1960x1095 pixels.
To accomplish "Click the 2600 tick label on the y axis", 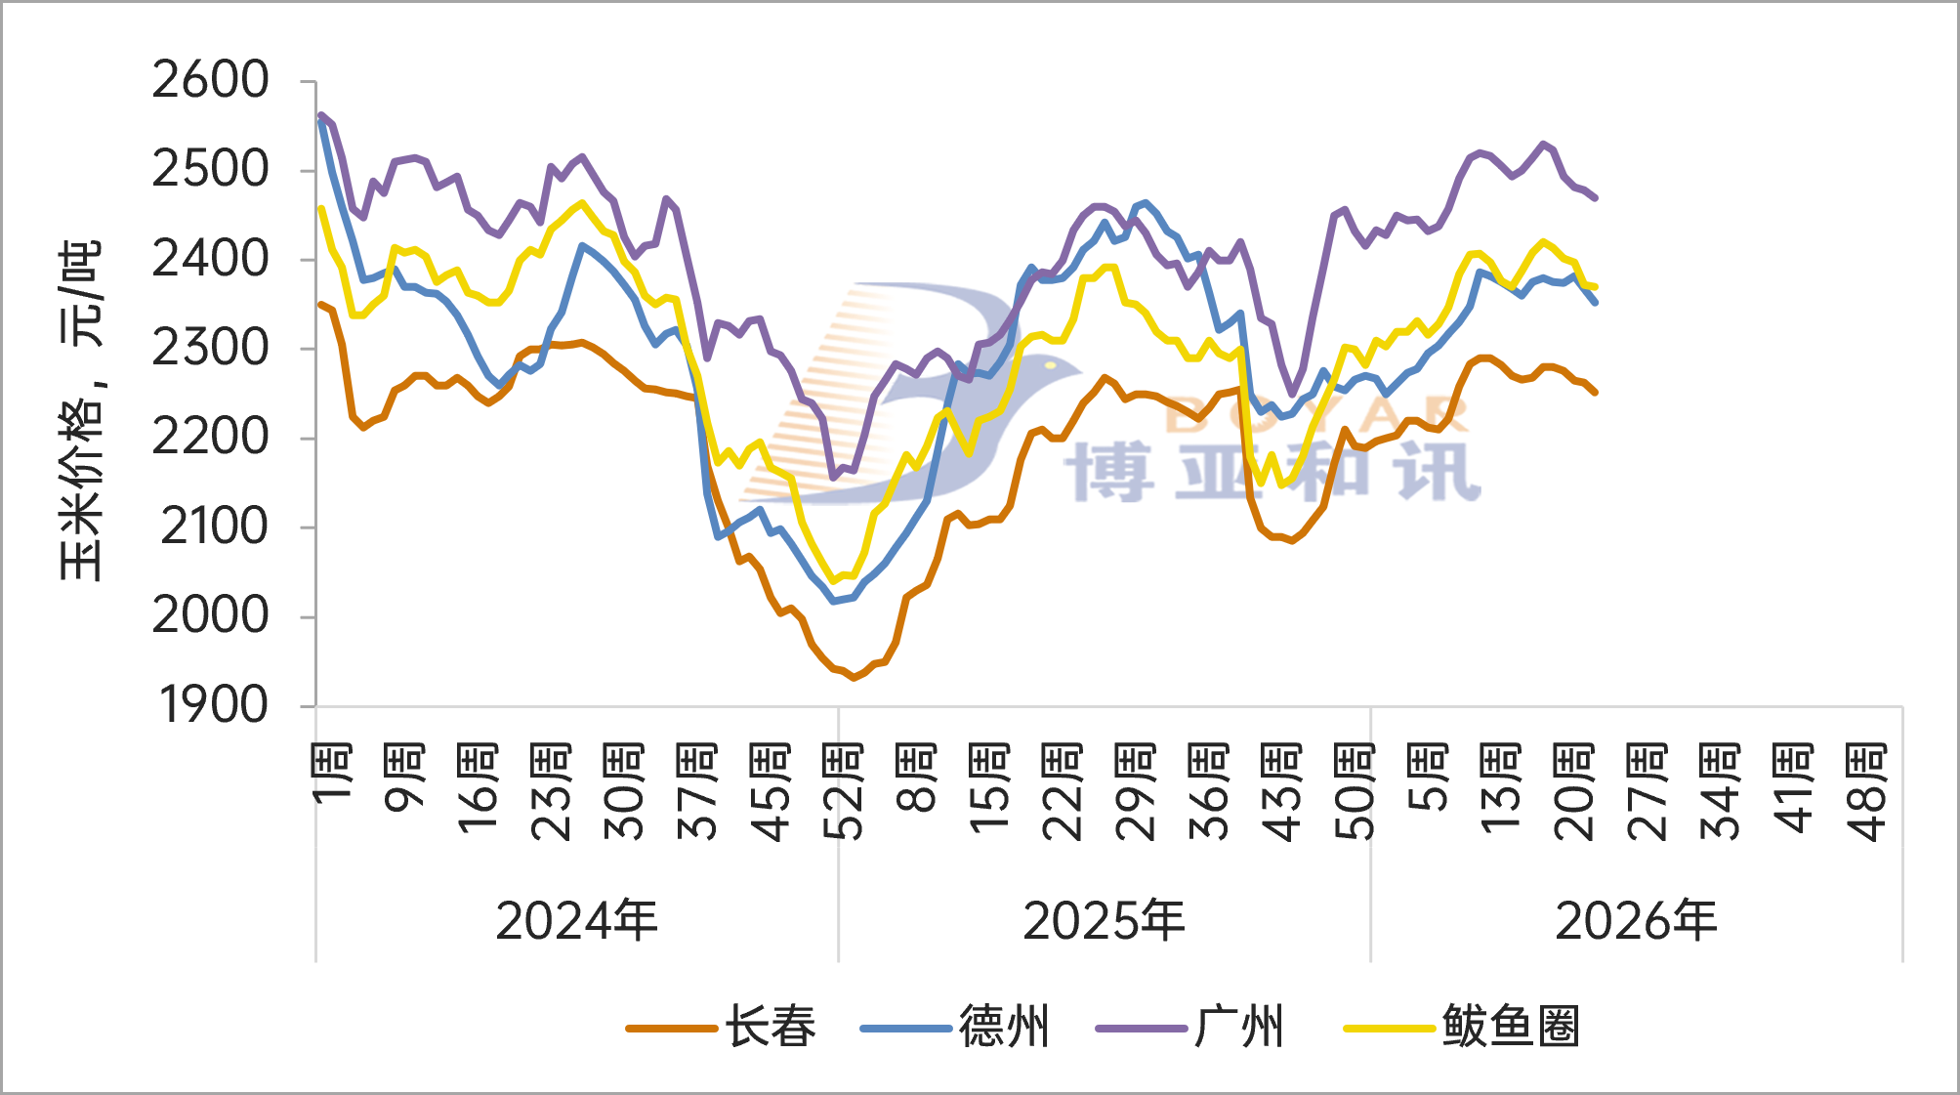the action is coord(210,80).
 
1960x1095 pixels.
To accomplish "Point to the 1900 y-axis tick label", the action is coord(214,705).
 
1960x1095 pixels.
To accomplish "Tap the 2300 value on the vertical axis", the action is coord(210,348).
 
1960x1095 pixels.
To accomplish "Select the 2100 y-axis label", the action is coord(214,526).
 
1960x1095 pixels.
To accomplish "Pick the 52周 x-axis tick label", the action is coord(844,792).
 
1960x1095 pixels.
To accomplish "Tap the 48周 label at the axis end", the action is coord(1867,792).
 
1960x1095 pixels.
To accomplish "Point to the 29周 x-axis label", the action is coord(1136,792).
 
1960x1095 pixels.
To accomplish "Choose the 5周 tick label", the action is coord(1429,778).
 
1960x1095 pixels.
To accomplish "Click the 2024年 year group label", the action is coord(577,921).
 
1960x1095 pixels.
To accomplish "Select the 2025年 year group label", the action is coord(1105,921).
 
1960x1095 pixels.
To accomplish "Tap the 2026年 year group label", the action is coord(1637,921).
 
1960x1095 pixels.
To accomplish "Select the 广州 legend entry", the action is coord(1190,1028).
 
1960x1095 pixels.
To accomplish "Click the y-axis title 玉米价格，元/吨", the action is coord(80,410).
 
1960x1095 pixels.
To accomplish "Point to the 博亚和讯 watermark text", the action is coord(1272,473).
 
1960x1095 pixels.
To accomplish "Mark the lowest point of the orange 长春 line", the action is coord(854,677).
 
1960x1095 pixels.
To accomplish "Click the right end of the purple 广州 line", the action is coord(1595,198).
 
